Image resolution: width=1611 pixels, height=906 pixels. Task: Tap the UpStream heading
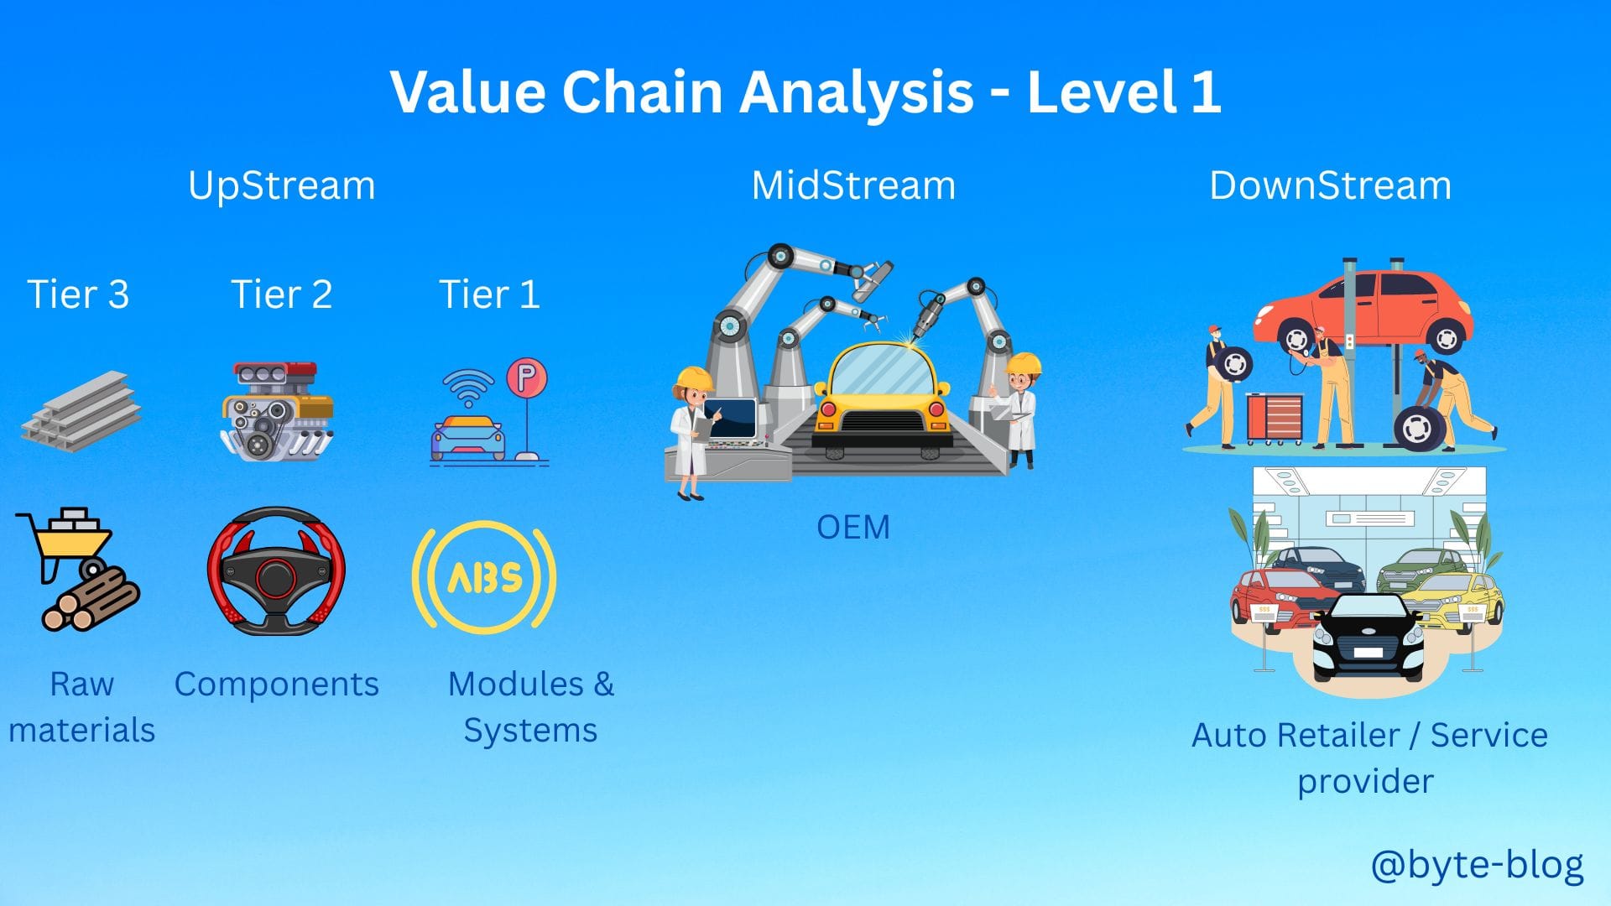(282, 186)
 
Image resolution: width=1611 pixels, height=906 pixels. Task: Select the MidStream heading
(853, 185)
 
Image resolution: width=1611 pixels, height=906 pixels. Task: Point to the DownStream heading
(1330, 185)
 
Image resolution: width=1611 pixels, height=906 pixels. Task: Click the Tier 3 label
(78, 294)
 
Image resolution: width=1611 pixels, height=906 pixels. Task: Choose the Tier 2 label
(282, 294)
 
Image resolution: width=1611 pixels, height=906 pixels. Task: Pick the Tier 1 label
(489, 294)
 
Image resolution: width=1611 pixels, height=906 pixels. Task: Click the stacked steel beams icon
(81, 411)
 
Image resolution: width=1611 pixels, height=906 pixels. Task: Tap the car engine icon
(277, 411)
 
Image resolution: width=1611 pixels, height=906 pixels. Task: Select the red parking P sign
(527, 378)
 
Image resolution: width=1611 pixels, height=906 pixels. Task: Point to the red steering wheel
(276, 571)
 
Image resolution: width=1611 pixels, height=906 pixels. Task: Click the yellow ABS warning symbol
(484, 577)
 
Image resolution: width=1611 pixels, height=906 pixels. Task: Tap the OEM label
(853, 528)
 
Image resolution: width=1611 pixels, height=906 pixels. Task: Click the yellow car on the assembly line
(882, 398)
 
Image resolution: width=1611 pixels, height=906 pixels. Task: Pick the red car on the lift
(1364, 311)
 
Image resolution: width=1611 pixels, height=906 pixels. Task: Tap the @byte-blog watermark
(1477, 865)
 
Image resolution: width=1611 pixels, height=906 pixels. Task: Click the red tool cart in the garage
(1274, 418)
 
